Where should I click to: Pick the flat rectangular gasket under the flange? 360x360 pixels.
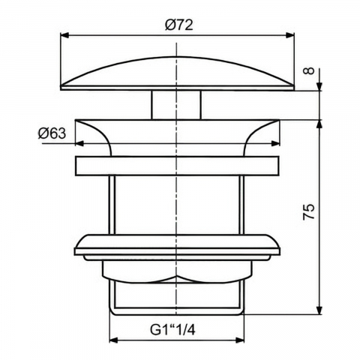point(178,166)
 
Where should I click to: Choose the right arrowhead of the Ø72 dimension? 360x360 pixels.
point(291,34)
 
